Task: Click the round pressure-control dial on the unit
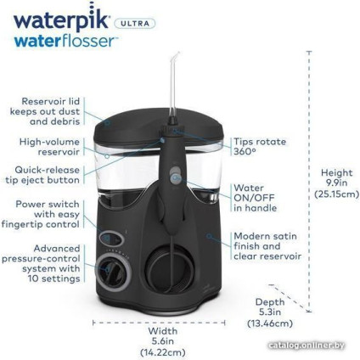click(111, 271)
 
